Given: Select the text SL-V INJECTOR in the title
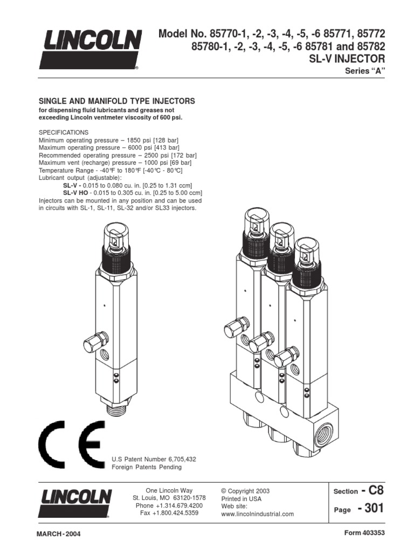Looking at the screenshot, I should coord(353,59).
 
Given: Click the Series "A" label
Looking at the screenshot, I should coord(368,73).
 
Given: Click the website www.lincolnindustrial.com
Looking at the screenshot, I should coord(257,514).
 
